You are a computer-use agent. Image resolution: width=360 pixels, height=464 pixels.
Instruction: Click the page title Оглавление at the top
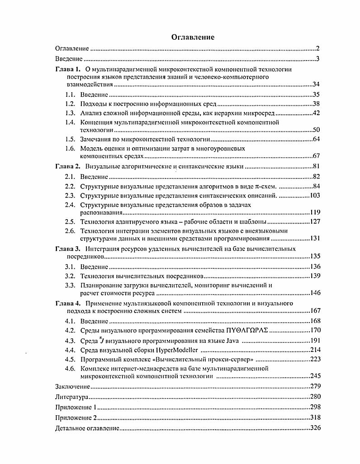point(192,37)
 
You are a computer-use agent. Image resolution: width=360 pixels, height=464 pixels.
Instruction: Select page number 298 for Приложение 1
point(315,407)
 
